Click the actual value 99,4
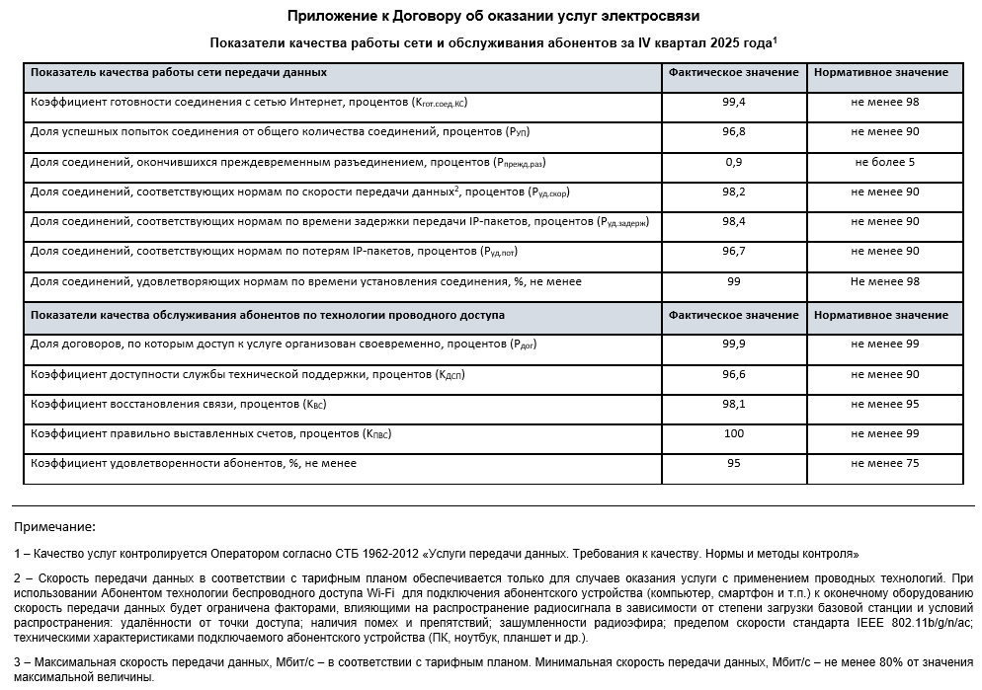point(733,102)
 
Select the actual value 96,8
point(733,131)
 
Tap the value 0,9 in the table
point(733,161)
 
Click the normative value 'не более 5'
point(885,161)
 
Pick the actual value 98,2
point(733,192)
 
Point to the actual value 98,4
point(733,221)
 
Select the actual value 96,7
point(733,252)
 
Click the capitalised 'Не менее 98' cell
point(885,281)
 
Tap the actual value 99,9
point(733,344)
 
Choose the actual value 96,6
point(733,374)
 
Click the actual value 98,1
point(733,404)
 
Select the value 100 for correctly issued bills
point(733,433)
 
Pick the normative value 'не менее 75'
point(885,463)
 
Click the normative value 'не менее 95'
point(885,404)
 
